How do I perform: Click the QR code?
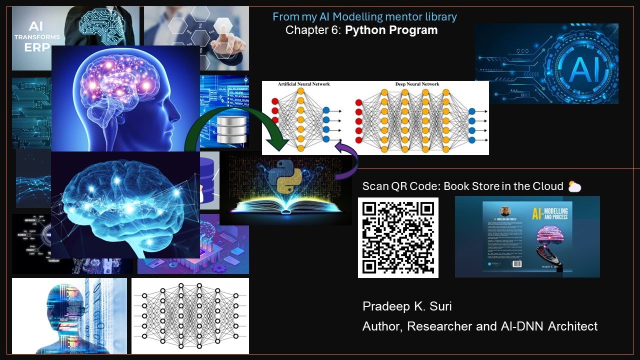[x=398, y=237]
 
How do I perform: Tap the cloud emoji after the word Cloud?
[x=574, y=186]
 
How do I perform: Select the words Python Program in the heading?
[x=391, y=30]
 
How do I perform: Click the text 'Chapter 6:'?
[x=313, y=30]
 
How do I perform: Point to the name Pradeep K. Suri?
[x=407, y=306]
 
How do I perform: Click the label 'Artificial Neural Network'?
[x=304, y=84]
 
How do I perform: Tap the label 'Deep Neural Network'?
[x=417, y=84]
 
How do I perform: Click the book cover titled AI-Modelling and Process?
[x=527, y=236]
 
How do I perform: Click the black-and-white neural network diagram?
[x=190, y=316]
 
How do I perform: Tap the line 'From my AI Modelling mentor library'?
[x=364, y=16]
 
